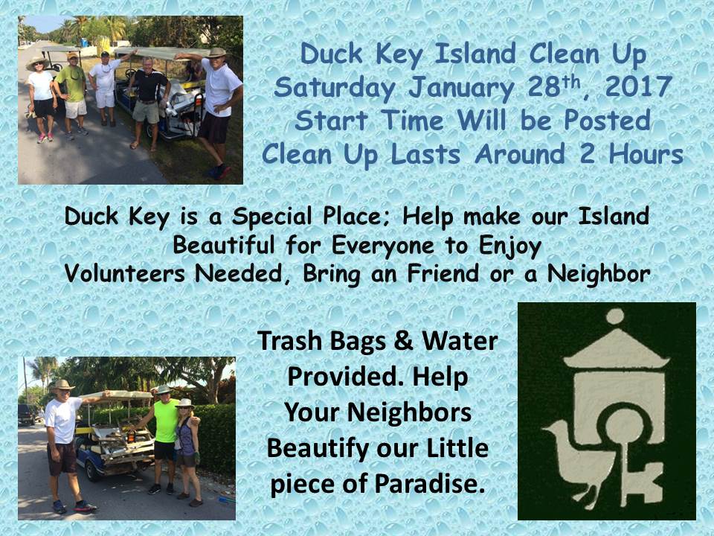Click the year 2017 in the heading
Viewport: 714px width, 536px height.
click(639, 86)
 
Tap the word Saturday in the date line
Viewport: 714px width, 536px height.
click(334, 89)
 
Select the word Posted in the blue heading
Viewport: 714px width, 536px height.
click(608, 121)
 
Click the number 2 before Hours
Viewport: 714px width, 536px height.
click(588, 153)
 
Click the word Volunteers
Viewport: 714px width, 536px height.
click(125, 273)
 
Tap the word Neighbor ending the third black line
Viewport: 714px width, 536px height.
click(599, 274)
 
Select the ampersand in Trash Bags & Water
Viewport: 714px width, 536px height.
click(403, 341)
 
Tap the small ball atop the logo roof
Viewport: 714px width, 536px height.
click(615, 316)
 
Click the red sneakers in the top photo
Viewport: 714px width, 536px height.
click(219, 171)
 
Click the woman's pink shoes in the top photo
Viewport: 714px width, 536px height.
click(45, 137)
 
